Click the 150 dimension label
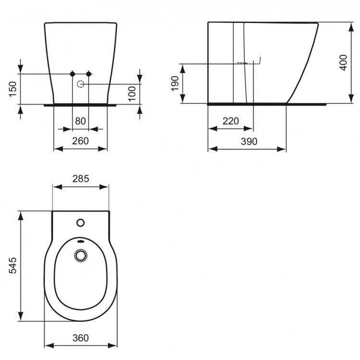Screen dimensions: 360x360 tap(13, 89)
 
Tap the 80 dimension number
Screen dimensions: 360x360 tap(81, 121)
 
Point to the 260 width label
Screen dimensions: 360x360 tap(81, 141)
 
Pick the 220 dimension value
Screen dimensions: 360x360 tap(230, 121)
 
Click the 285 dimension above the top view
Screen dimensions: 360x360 tap(81, 179)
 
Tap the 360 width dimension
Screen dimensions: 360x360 tap(81, 338)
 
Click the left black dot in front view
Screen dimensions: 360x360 tap(72, 73)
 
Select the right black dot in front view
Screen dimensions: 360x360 tap(89, 73)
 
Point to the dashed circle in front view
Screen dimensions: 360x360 tap(81, 84)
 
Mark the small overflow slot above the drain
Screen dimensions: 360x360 tap(80, 242)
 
